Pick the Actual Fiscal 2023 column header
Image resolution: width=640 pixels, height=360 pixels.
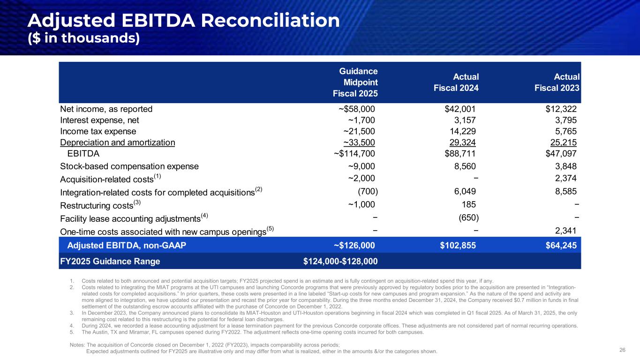(x=559, y=82)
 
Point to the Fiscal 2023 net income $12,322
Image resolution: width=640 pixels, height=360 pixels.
(x=558, y=109)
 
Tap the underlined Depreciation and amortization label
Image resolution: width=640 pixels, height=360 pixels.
(x=117, y=142)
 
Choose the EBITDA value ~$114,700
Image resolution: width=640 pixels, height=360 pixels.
(x=354, y=153)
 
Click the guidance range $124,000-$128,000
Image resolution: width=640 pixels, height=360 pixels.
(x=341, y=261)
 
